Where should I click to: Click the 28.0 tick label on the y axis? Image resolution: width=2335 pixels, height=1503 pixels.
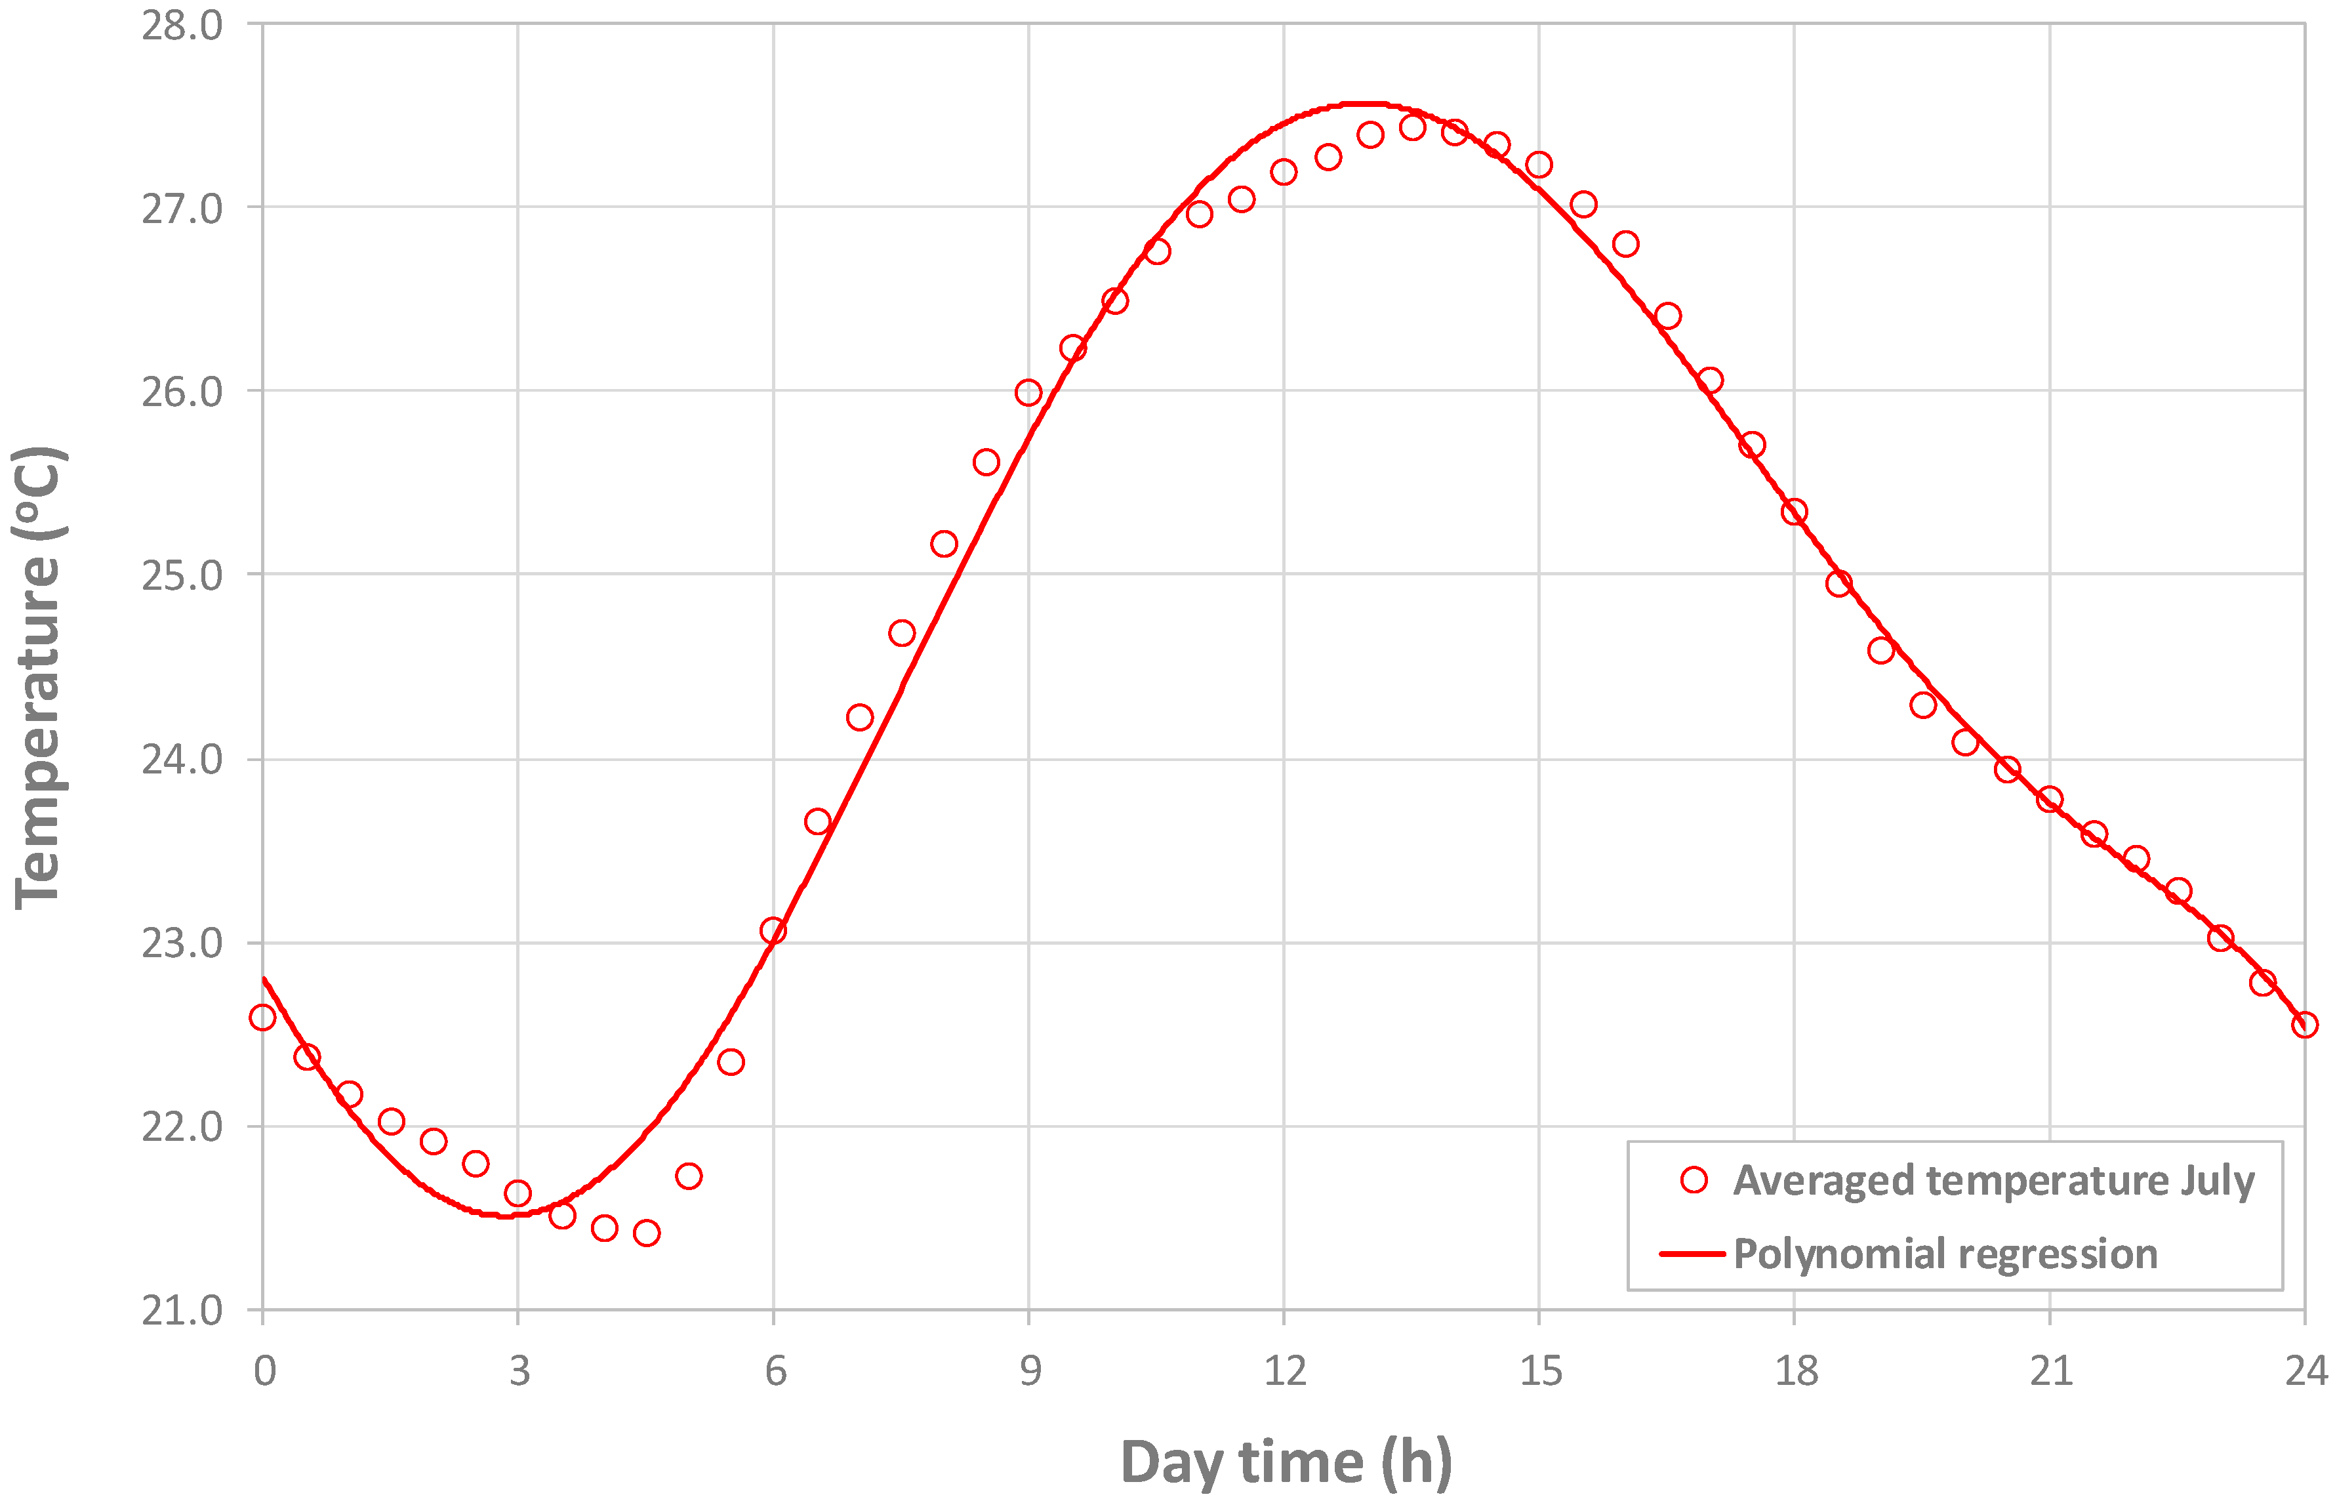coord(182,26)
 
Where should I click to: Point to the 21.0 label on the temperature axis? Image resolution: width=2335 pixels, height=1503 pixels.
coord(182,1311)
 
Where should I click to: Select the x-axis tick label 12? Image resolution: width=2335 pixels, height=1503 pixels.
coord(1284,1371)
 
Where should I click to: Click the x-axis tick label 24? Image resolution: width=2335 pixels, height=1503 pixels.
coord(2305,1371)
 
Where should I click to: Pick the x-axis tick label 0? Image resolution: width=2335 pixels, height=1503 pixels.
coord(264,1371)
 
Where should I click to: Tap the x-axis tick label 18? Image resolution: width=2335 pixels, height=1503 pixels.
coord(1795,1371)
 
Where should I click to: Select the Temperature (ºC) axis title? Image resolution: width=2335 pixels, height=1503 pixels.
coord(39,678)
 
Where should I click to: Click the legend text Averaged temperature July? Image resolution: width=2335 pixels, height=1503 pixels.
coord(1993,1180)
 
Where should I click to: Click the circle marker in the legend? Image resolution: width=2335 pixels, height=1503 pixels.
coord(1694,1180)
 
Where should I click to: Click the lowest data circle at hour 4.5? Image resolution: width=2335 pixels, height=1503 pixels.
coord(646,1233)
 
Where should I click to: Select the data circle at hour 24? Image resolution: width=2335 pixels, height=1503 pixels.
coord(2304,1025)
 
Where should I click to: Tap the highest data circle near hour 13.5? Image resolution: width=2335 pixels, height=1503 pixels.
coord(1412,127)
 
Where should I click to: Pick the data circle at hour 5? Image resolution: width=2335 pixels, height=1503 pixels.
coord(689,1176)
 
